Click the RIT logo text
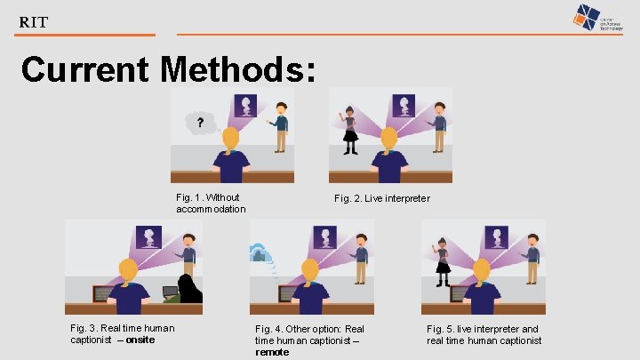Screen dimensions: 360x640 point(34,21)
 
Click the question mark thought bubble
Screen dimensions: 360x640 point(200,122)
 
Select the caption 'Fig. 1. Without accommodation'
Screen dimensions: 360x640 point(210,203)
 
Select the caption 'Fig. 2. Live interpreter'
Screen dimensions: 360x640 point(381,198)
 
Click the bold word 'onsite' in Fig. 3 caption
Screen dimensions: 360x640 point(140,340)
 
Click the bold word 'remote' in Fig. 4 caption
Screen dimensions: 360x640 point(272,352)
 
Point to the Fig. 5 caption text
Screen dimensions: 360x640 point(483,334)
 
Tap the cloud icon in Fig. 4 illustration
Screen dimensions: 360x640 point(260,253)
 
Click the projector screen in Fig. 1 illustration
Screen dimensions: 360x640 point(245,106)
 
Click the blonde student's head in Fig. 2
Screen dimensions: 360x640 point(389,139)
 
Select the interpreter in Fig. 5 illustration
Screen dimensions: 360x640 point(442,260)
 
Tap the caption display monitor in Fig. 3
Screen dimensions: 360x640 point(104,292)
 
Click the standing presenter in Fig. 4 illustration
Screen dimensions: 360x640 point(359,260)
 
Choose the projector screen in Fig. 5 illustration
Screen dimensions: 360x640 point(500,237)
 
